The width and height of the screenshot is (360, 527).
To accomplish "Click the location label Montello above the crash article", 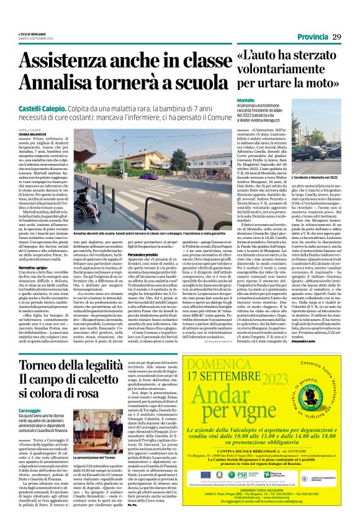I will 245,100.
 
